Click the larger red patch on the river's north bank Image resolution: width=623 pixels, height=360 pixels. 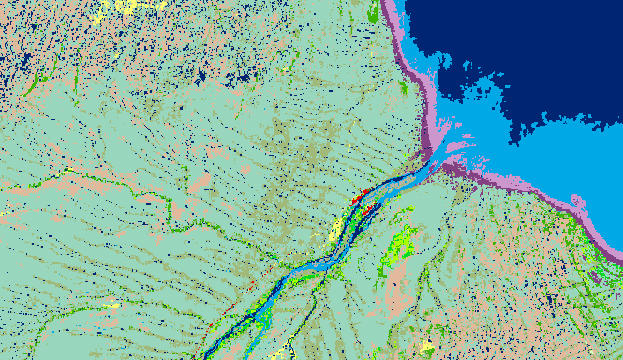click(356, 198)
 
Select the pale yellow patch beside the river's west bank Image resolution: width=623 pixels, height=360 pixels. click(334, 231)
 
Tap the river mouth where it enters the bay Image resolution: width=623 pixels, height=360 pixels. click(434, 164)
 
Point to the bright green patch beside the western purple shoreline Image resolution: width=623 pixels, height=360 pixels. click(403, 88)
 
